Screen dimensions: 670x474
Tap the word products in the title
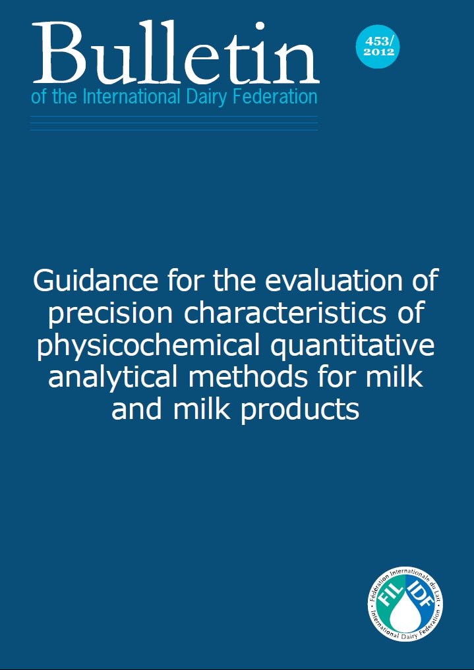tap(300, 409)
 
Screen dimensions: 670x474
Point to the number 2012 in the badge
tap(379, 51)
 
